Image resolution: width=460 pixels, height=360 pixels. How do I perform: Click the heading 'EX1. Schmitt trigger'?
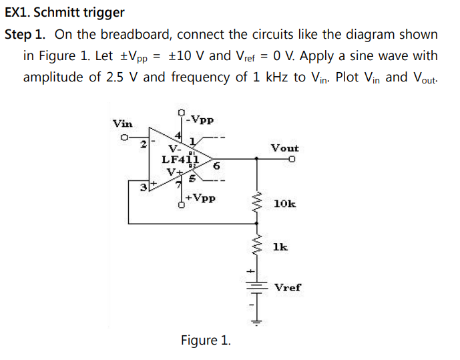[65, 13]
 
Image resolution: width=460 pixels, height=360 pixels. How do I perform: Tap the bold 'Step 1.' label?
[27, 34]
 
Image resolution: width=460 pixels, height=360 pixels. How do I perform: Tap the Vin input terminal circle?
[124, 139]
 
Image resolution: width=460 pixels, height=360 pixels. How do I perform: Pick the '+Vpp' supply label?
[200, 198]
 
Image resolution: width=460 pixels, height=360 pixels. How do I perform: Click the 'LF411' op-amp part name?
[180, 159]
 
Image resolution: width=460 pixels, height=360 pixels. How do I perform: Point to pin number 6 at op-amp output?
[217, 166]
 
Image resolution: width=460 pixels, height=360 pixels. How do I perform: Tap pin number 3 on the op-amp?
[143, 186]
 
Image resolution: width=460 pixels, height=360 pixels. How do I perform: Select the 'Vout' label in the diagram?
[284, 148]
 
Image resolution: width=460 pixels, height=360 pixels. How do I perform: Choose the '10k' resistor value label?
[284, 203]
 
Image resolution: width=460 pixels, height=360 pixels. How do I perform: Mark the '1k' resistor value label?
[280, 247]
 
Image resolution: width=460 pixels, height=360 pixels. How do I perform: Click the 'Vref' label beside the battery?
[287, 287]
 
